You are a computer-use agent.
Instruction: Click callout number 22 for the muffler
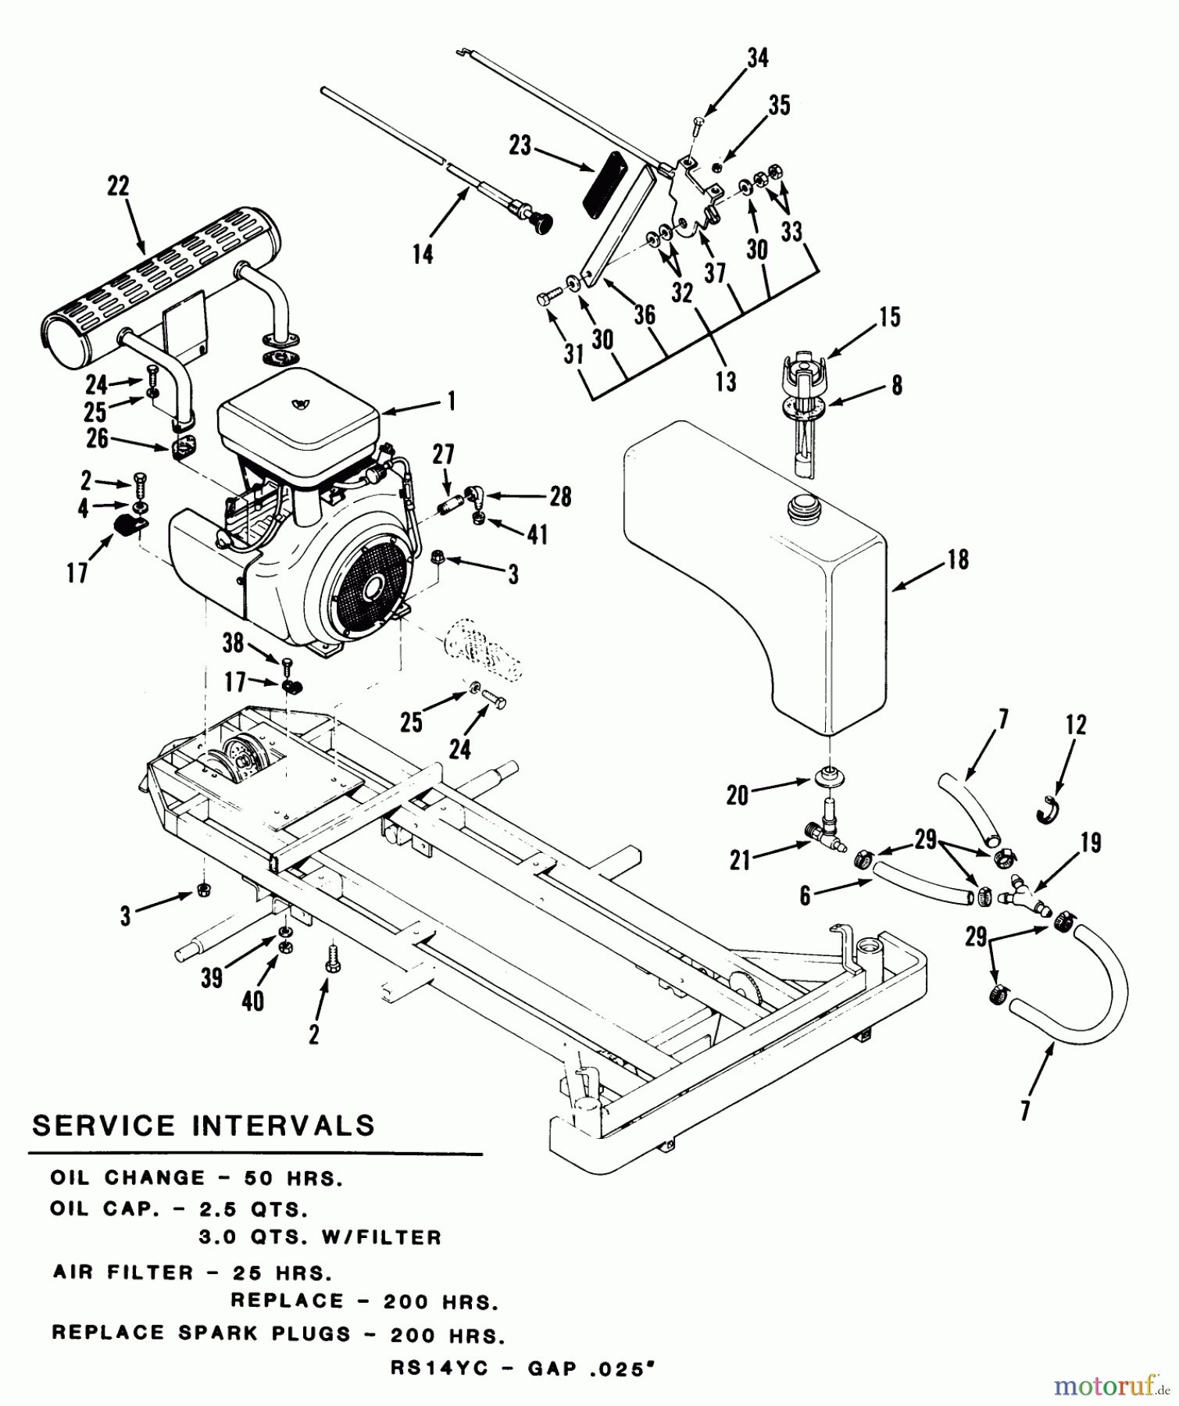tap(118, 187)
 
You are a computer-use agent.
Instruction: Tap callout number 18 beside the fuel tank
tap(957, 559)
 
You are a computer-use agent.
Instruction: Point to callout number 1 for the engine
tap(451, 402)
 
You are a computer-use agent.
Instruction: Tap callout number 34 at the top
tap(757, 59)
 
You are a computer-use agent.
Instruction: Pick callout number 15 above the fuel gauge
tap(889, 316)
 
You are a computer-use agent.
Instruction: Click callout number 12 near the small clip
tap(1076, 725)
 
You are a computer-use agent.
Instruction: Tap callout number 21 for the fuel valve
tap(740, 860)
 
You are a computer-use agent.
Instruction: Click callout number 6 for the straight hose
tap(806, 896)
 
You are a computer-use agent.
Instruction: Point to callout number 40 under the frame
tap(252, 1001)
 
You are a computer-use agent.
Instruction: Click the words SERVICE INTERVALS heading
tap(203, 1126)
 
